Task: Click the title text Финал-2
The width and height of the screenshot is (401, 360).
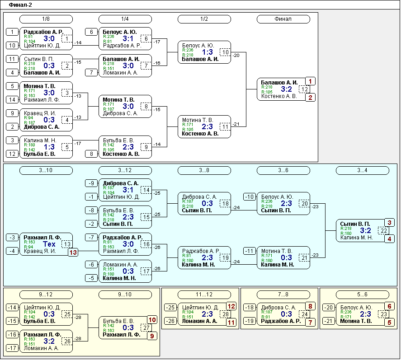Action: [x=20, y=5]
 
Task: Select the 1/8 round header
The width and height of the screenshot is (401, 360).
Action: [x=46, y=19]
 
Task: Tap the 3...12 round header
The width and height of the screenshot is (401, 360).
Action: [x=125, y=170]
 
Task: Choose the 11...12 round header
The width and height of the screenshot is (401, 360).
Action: [x=204, y=295]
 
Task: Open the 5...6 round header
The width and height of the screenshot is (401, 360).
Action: [x=363, y=295]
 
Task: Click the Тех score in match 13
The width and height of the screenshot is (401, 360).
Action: [x=49, y=244]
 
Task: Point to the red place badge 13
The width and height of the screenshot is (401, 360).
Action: [x=73, y=252]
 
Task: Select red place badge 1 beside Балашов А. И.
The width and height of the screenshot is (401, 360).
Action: [x=310, y=81]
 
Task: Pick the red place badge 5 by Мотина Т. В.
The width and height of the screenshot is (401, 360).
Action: [x=390, y=323]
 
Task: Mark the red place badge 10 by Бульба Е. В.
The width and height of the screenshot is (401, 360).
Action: [x=152, y=320]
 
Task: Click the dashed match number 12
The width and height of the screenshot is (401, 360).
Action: [x=304, y=89]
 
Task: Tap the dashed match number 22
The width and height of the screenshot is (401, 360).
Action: [x=384, y=230]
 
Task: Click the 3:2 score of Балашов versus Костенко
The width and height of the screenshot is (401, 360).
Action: [x=286, y=89]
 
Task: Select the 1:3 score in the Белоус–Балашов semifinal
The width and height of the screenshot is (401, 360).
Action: [x=207, y=52]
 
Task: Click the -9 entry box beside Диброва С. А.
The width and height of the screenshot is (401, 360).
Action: [x=91, y=183]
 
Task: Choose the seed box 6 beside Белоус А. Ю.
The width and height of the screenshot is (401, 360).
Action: [x=91, y=32]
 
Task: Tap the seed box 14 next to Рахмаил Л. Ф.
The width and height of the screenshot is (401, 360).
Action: [x=12, y=100]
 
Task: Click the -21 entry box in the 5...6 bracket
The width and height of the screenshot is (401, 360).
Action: [x=329, y=321]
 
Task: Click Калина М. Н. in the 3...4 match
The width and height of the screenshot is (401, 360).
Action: [x=357, y=238]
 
